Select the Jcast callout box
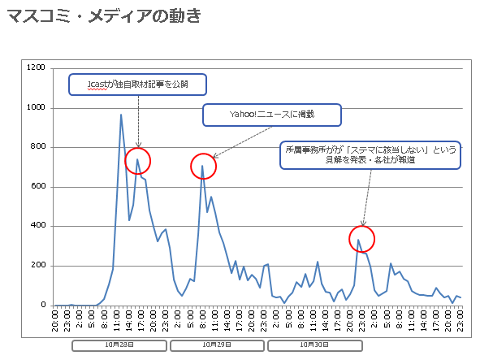pos(138,84)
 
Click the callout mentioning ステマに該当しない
pos(370,154)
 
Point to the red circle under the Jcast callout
pos(138,161)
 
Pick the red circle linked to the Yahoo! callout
pos(203,166)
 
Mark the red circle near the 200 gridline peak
pos(362,239)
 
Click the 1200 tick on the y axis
pos(36,68)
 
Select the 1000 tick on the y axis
pos(36,108)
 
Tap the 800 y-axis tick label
pos(38,147)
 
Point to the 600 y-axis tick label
pos(38,187)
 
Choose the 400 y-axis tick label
pos(38,226)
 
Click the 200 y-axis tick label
pos(38,266)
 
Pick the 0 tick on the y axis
pos(43,306)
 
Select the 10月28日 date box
pos(120,345)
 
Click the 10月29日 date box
pos(217,345)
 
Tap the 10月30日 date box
pos(314,345)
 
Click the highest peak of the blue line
pos(121,115)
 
